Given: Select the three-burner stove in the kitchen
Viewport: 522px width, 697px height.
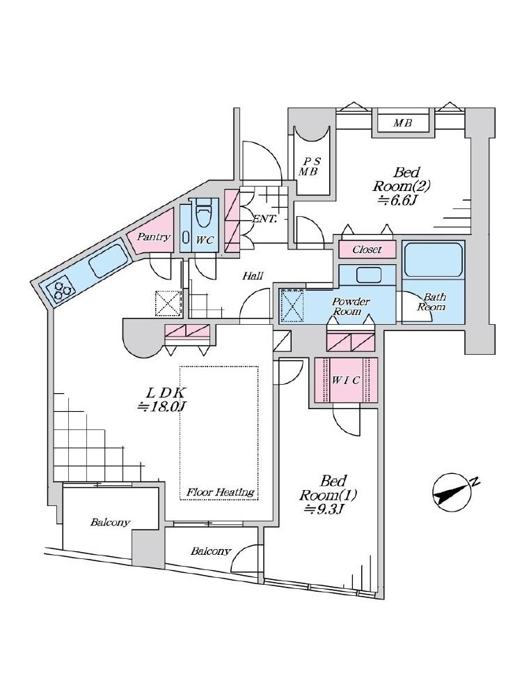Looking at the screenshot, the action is coord(59,289).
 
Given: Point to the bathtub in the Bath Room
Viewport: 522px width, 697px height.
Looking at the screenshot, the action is coord(432,259).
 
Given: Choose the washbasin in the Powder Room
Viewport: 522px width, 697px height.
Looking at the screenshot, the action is coord(368,275).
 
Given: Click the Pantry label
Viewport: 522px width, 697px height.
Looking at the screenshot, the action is coord(154,237).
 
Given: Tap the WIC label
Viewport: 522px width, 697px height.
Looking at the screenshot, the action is coord(346,381).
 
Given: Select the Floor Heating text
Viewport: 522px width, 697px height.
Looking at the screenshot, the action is coord(220,492).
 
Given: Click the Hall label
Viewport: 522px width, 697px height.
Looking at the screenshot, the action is coord(253,275).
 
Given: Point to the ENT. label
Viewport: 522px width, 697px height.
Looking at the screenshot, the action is coord(265,219).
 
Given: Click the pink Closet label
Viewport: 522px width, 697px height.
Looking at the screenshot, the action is coord(367,250).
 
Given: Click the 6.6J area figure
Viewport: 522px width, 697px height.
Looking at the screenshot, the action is coord(397,201).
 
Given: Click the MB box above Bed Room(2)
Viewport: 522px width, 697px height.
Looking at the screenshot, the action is coord(403,123).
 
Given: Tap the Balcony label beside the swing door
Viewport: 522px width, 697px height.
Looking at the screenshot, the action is coord(211,551).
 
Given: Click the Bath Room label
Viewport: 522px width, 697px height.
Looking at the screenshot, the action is coord(431,302).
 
